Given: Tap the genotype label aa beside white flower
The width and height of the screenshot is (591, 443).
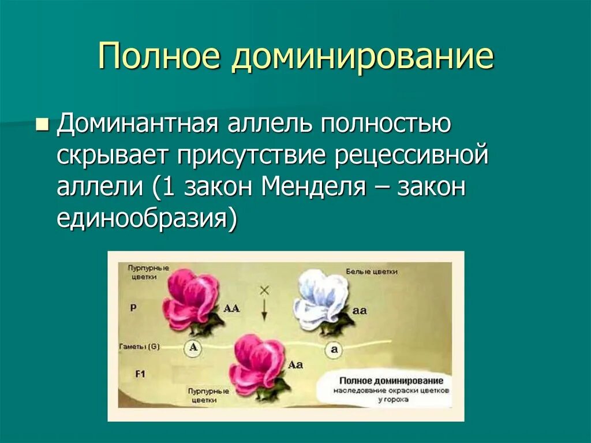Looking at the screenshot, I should [360, 310].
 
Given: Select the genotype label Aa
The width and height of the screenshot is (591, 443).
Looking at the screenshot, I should [295, 364].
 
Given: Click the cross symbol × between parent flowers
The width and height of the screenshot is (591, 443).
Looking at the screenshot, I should [264, 291].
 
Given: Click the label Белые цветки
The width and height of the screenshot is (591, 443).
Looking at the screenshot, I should [372, 271].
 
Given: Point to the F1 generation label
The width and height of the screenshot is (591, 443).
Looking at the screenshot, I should [140, 374].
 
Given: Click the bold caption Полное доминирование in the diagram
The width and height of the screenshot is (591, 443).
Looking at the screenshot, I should [391, 381].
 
